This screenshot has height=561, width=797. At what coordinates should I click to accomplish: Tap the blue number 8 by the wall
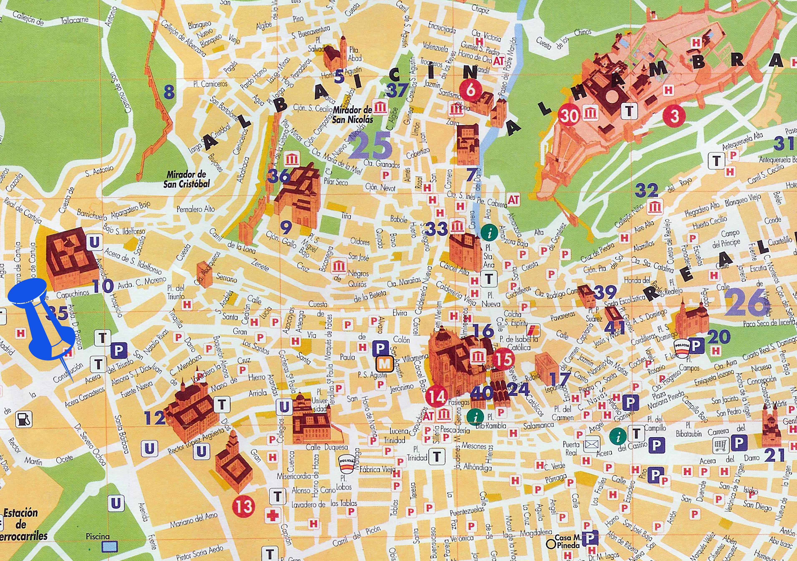click(169, 92)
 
